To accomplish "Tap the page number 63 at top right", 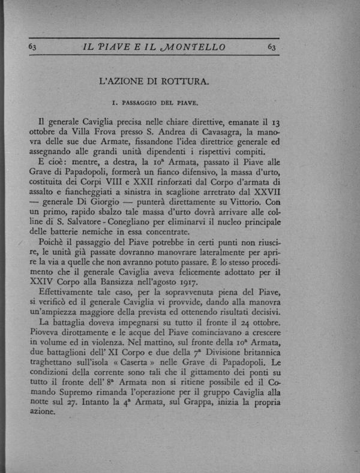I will (272, 47).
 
